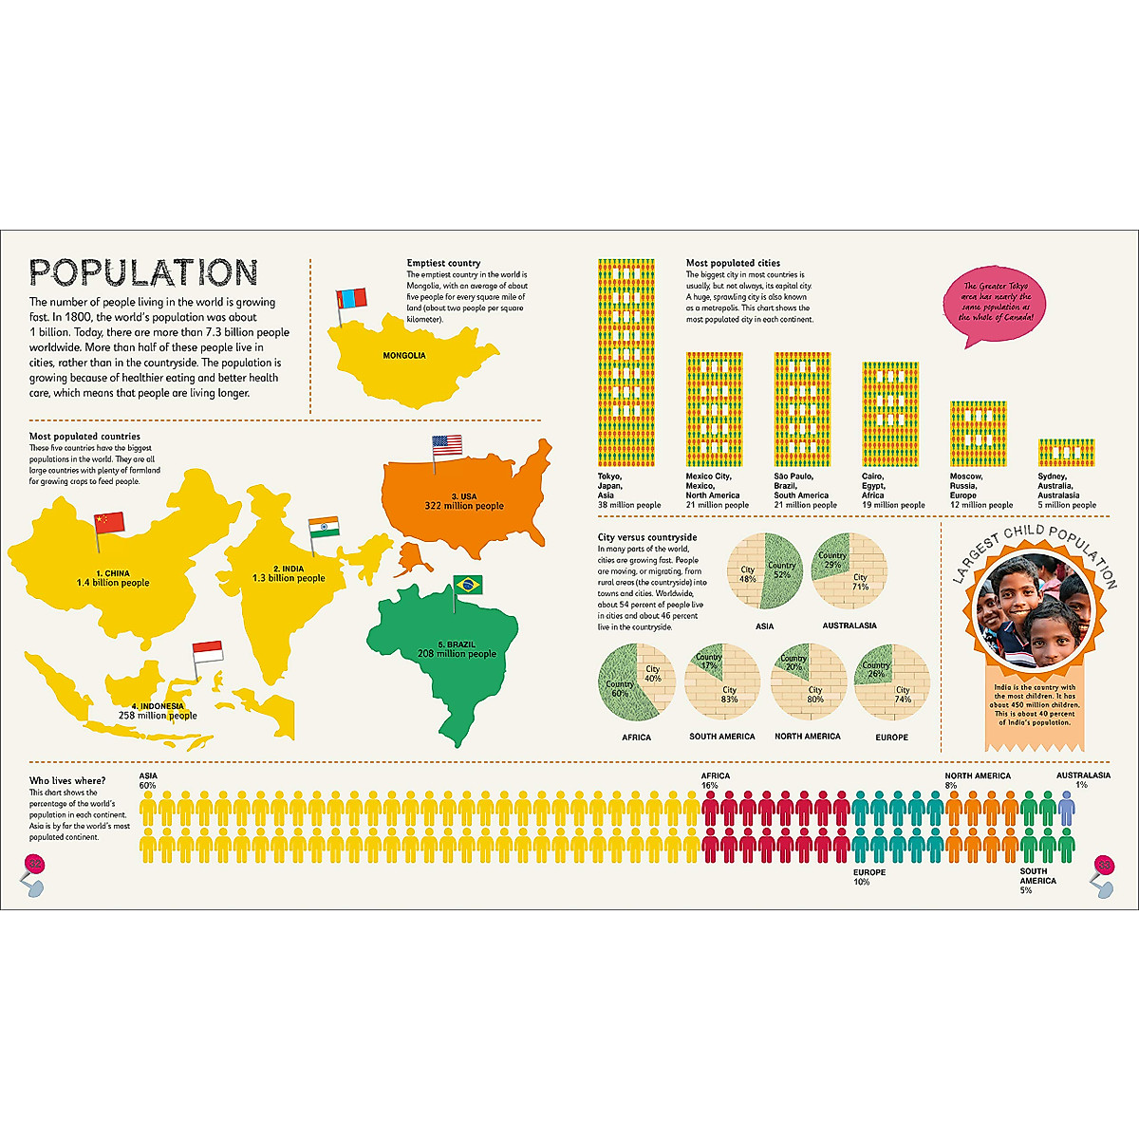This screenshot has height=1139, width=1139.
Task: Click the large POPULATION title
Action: point(143,272)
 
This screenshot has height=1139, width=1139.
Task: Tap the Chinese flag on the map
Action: point(109,522)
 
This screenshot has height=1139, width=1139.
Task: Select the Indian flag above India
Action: point(324,528)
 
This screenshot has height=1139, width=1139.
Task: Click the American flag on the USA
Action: point(446,444)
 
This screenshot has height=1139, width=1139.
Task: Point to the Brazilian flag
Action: point(468,585)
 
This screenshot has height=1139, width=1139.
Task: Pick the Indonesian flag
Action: point(208,651)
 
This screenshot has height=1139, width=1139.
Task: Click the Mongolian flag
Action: point(351,297)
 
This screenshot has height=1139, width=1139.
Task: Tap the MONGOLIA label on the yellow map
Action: point(404,356)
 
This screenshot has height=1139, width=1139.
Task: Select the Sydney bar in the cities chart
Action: point(1066,452)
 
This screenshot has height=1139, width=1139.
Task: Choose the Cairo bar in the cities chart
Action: point(889,414)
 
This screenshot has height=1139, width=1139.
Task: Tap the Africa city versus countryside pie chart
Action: point(636,682)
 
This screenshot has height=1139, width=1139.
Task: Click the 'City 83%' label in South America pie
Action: point(729,695)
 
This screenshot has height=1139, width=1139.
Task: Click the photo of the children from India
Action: point(1034,610)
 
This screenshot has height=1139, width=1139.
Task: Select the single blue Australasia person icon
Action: point(1066,810)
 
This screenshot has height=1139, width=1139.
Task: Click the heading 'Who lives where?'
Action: point(67,781)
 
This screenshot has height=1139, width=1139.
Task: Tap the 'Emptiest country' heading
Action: point(443,263)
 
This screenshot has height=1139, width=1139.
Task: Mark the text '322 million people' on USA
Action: point(464,506)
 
